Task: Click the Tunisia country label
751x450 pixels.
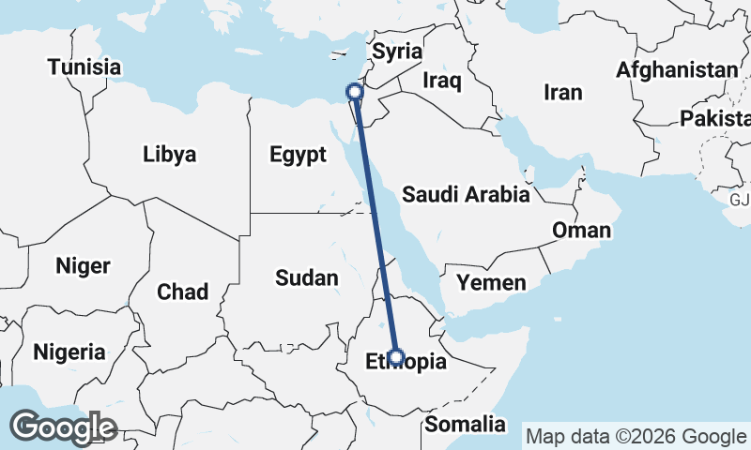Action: [84, 67]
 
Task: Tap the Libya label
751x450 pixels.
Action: [170, 154]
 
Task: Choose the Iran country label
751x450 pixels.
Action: [563, 92]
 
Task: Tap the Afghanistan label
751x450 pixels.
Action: [677, 70]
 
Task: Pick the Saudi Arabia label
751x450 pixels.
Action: [466, 195]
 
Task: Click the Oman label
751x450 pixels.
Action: [581, 230]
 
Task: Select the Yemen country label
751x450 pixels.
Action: [491, 282]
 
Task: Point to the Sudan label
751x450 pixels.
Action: [306, 277]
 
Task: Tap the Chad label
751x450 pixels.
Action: [182, 292]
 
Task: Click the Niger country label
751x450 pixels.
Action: [83, 265]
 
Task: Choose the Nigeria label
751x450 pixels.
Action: [69, 352]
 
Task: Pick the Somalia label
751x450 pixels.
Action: [465, 425]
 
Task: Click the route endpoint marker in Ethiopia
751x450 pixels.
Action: [396, 357]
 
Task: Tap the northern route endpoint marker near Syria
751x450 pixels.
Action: [354, 92]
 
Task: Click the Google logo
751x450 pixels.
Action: [63, 427]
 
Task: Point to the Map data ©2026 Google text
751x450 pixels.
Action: [636, 436]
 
